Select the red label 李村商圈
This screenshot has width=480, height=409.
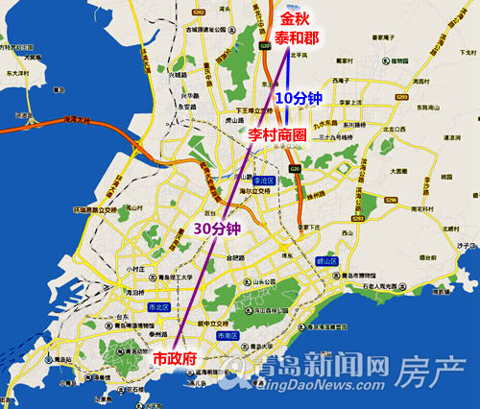(x=277, y=136)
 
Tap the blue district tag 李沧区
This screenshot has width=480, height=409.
(x=264, y=180)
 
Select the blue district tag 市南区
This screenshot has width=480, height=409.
(x=228, y=337)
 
